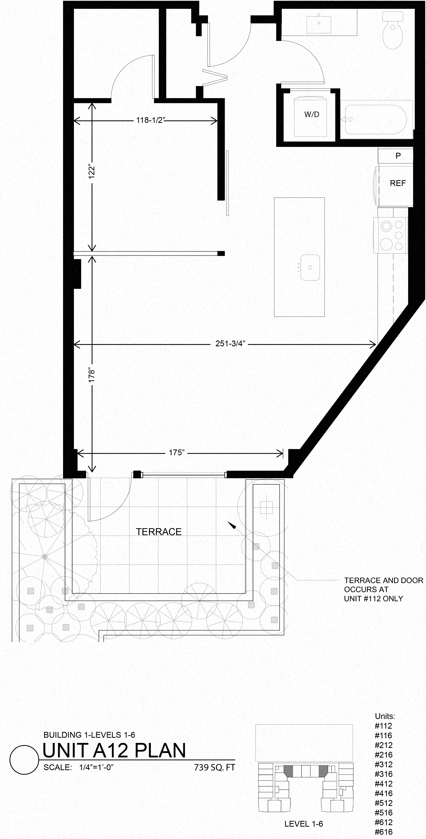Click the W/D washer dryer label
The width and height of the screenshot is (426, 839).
coord(312,114)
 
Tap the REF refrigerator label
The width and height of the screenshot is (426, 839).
coord(397,183)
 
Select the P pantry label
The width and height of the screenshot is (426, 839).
coord(398,156)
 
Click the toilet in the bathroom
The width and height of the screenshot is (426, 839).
coord(393,31)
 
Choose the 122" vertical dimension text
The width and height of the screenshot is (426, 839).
coord(92,171)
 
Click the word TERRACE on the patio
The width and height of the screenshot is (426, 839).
coord(158,532)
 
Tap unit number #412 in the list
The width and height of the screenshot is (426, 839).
coord(383,784)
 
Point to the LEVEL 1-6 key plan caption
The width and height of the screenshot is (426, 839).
coord(303,824)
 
